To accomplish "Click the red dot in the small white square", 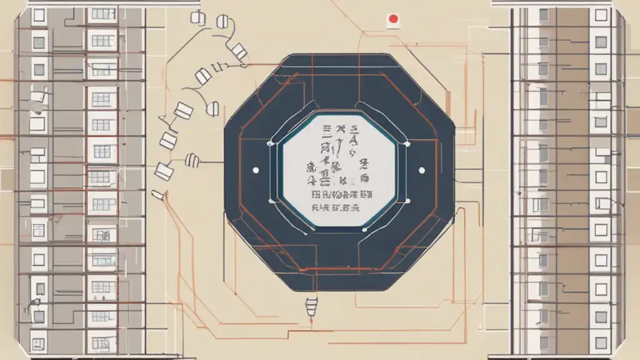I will tap(392, 19).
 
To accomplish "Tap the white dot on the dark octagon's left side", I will tap(254, 170).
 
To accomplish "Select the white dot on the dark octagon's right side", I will tap(421, 169).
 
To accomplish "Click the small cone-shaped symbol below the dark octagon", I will tap(311, 307).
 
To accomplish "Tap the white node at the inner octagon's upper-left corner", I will tap(271, 144).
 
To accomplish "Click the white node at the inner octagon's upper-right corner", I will tap(407, 144).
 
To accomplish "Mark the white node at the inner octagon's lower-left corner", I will tap(271, 201).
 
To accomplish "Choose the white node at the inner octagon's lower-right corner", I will tap(407, 201).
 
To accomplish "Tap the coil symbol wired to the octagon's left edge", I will tap(193, 161).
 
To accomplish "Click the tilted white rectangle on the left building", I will tap(39, 97).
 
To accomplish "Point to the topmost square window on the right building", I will tap(601, 15).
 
